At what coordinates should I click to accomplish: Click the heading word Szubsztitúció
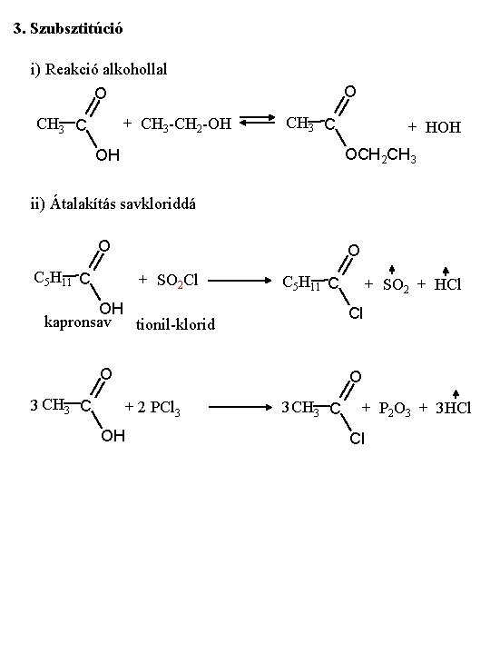coord(76,29)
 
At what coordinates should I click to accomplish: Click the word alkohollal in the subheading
coord(134,69)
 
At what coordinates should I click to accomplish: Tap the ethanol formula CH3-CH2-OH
coord(186,124)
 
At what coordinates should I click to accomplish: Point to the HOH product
coord(443,127)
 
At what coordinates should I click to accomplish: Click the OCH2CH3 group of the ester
coord(380,155)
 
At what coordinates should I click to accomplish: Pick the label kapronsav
coord(78,322)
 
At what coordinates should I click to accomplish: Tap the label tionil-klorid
coord(175,324)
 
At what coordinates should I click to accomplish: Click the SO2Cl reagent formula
coord(178,281)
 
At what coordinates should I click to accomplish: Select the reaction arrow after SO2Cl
coord(240,281)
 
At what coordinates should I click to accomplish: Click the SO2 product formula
coord(396,285)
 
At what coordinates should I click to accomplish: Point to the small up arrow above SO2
coord(392,270)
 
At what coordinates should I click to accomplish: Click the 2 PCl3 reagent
coord(159,408)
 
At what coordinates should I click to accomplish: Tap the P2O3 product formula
coord(395,409)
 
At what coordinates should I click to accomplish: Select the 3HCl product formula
coord(454,408)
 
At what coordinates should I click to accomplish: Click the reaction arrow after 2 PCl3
coord(240,407)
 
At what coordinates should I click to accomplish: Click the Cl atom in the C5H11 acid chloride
coord(356,312)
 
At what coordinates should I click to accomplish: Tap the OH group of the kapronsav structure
coord(112,309)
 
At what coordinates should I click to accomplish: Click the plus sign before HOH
coord(412,127)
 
